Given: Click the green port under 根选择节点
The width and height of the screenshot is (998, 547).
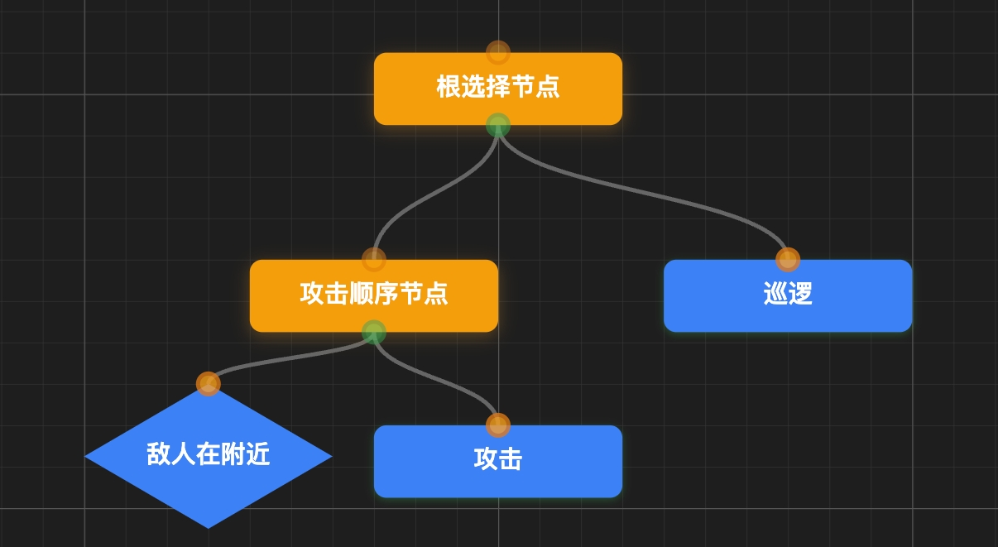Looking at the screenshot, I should pos(497,125).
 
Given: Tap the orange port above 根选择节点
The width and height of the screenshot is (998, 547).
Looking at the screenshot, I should pos(497,53).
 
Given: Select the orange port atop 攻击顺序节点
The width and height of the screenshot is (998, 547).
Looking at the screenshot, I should pos(374,260).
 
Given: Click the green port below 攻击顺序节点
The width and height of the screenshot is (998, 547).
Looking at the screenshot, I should pos(374,332).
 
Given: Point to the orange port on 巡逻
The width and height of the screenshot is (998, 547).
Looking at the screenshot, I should pos(788,260).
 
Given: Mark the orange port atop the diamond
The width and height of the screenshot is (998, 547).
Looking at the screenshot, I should pos(209,384).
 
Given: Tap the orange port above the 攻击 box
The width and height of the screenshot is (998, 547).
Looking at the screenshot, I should pos(497,425).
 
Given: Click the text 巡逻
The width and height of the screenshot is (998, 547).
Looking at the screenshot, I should pos(788,294).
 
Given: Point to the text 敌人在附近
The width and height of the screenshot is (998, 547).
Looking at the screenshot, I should pos(209,454).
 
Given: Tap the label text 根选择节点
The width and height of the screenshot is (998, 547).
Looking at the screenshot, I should pos(497,87).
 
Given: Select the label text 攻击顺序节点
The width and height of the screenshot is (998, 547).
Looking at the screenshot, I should pos(374,294).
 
